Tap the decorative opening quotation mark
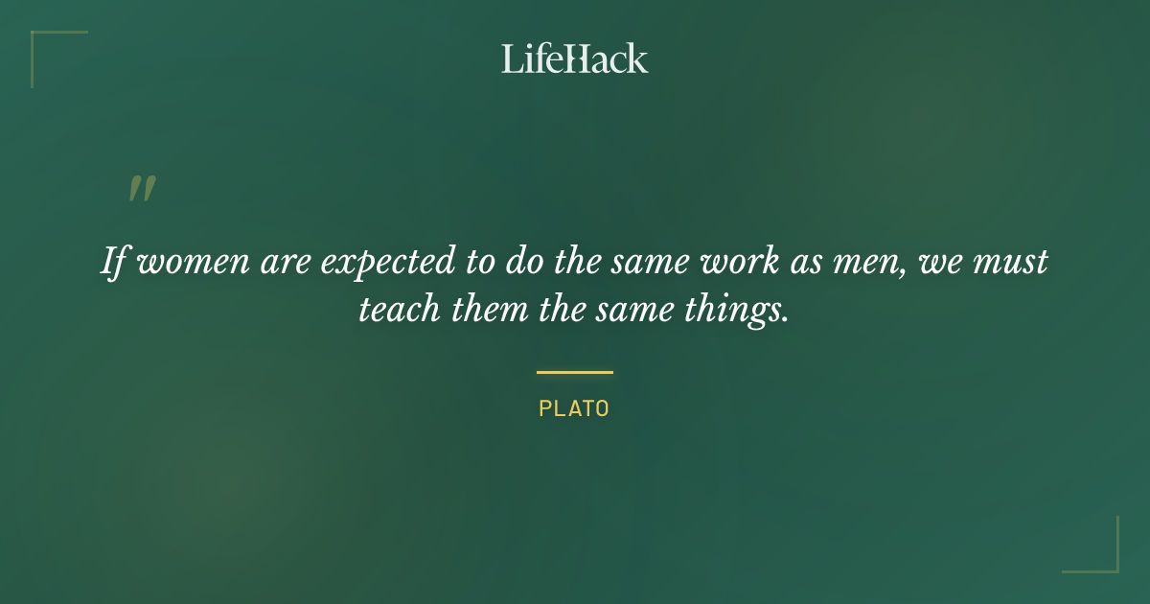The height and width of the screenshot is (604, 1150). pyautogui.click(x=142, y=189)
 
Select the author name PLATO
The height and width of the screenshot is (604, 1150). pyautogui.click(x=575, y=408)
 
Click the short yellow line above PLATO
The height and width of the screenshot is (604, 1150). pyautogui.click(x=575, y=372)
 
